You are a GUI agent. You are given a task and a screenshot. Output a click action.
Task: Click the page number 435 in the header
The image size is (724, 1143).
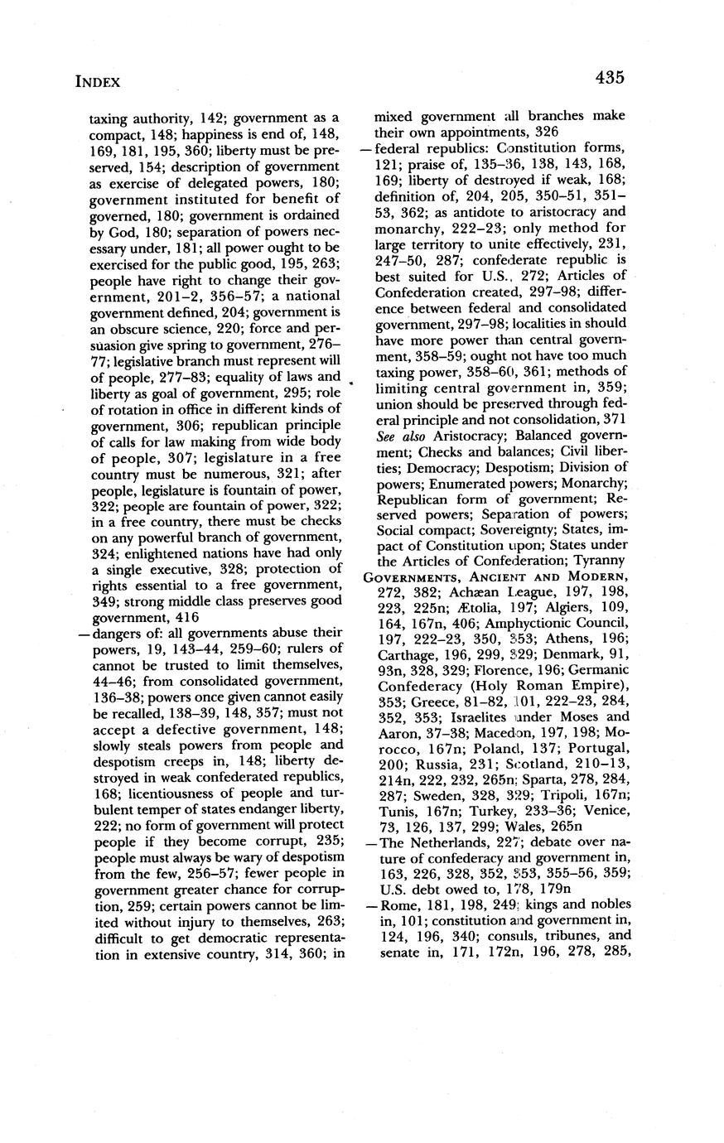click(x=608, y=78)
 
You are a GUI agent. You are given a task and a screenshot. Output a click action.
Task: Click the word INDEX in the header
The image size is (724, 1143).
click(x=98, y=81)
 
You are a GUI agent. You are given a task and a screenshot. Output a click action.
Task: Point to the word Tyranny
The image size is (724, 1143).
click(x=597, y=560)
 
